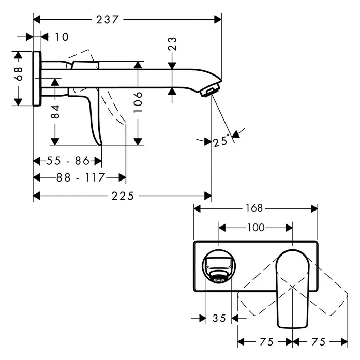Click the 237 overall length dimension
coord(107,20)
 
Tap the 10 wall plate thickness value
coord(62,37)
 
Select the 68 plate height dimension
coord(19,73)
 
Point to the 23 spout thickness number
coord(172,43)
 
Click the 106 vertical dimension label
coord(138,102)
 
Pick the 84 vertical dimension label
coord(55,112)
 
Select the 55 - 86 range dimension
coord(68,161)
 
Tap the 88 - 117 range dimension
coord(81,177)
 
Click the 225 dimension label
coord(123,196)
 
